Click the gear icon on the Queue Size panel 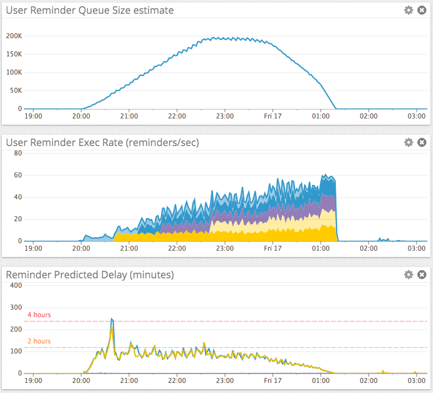point(409,10)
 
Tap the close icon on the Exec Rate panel point(422,142)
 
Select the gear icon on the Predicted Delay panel point(409,275)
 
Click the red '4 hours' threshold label point(39,315)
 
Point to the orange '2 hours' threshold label point(39,341)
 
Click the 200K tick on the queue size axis point(14,36)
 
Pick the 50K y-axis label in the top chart point(16,91)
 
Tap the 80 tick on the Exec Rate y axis point(18,153)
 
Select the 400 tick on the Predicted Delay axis point(16,285)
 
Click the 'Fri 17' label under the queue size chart point(273,116)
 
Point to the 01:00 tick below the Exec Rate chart point(321,248)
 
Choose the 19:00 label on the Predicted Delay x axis point(33,380)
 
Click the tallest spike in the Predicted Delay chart point(112,319)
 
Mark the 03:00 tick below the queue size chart point(417,116)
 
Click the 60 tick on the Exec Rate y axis point(18,175)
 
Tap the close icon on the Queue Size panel point(422,10)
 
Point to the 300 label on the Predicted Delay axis point(16,307)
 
